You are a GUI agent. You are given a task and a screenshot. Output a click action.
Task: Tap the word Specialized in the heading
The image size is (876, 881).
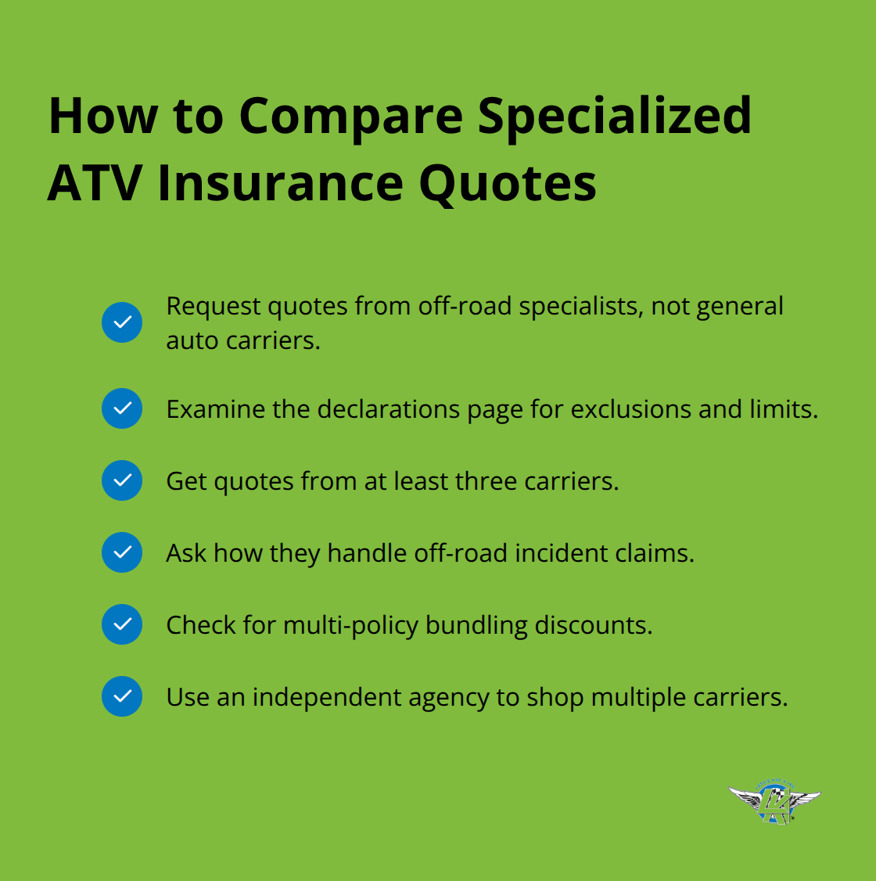click(x=614, y=116)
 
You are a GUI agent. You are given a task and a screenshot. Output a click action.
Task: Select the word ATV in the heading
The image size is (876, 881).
click(x=95, y=183)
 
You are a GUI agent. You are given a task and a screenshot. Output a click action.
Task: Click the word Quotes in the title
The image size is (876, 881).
click(x=508, y=183)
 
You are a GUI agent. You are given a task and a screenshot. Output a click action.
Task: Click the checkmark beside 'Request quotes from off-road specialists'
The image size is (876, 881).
click(x=122, y=322)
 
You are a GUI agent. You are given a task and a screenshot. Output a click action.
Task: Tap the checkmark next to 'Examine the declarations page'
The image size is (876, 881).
click(x=122, y=408)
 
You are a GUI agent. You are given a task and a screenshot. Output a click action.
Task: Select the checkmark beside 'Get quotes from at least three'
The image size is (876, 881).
click(x=122, y=480)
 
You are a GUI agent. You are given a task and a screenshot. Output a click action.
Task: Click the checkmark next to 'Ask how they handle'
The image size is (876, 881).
click(x=122, y=552)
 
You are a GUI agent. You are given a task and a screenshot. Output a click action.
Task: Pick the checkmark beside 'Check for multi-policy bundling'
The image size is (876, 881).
click(x=122, y=624)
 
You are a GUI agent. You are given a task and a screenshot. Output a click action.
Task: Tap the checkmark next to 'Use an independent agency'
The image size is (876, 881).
click(x=122, y=696)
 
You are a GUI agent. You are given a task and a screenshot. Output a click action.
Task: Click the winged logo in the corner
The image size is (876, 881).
click(x=774, y=801)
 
